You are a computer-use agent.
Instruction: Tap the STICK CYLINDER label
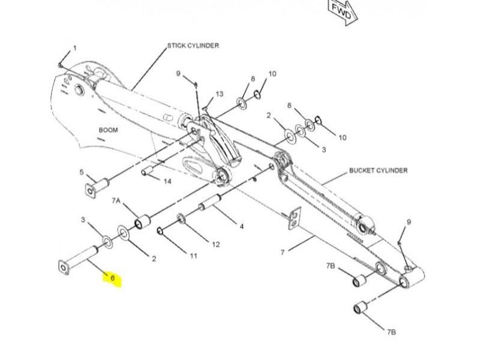(193, 46)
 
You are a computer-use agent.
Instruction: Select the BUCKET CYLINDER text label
(378, 170)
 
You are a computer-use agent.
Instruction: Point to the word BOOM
(108, 130)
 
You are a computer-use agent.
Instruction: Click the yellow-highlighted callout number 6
(112, 279)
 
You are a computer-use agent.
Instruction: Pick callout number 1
(75, 48)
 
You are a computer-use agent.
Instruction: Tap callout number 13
(219, 94)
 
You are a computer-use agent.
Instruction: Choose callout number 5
(82, 172)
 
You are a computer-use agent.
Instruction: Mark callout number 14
(167, 181)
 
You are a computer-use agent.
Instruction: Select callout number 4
(242, 227)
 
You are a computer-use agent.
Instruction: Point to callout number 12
(215, 244)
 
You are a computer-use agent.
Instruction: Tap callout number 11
(193, 256)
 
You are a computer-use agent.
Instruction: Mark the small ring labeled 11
(160, 230)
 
